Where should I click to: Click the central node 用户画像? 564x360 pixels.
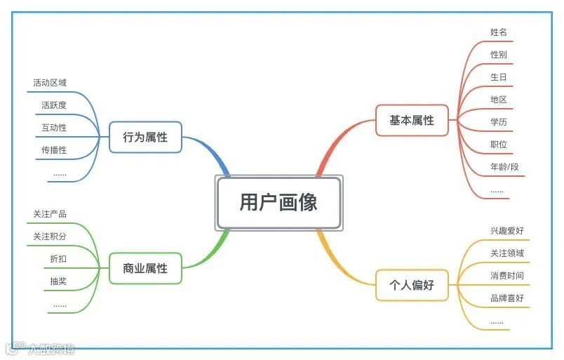point(278,203)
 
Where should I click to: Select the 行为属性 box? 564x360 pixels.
point(145,138)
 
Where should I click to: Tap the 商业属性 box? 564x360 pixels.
point(145,268)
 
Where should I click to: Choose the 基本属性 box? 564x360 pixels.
point(412,120)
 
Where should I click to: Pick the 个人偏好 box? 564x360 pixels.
point(412,285)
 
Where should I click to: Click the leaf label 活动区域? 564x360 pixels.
point(50,83)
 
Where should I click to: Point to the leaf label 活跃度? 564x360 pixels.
point(54,105)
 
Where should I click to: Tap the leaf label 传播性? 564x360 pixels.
point(54,150)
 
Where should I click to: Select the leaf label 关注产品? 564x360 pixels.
point(50,214)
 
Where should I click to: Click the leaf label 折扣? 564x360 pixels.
point(58,259)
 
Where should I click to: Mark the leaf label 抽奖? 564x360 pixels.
point(58,281)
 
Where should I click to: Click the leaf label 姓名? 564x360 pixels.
point(499,32)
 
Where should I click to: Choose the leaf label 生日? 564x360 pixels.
point(499,77)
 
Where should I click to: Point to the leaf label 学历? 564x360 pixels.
point(499,122)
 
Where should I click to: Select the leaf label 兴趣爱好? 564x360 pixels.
point(507,230)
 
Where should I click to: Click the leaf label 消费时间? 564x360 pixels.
point(507,276)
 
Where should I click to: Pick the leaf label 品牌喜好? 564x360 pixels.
point(507,298)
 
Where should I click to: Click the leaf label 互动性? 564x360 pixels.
point(54,128)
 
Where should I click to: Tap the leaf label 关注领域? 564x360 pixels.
point(507,253)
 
